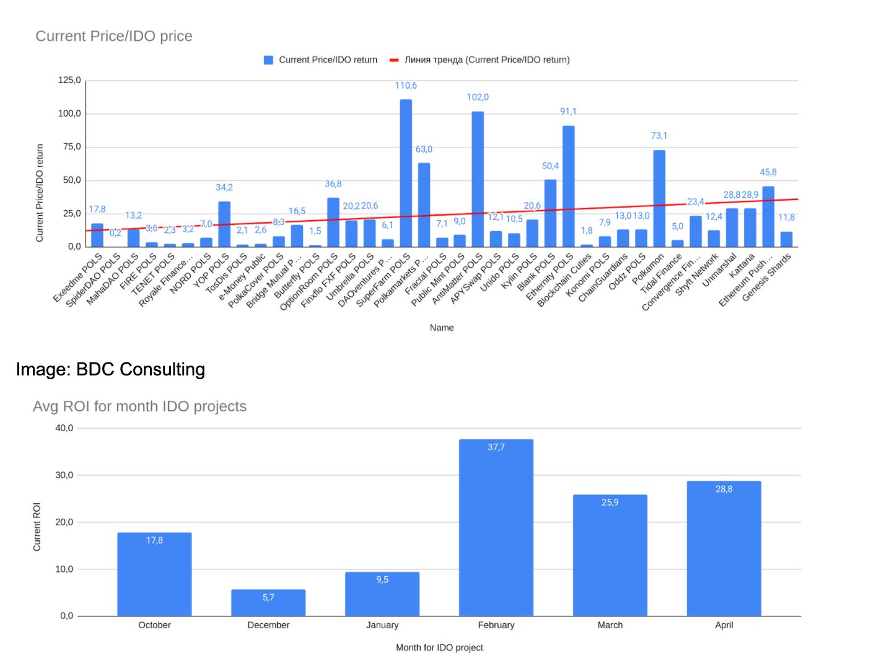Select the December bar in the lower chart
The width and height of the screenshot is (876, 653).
(x=268, y=603)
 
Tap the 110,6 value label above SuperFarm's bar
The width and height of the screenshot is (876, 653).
(x=406, y=85)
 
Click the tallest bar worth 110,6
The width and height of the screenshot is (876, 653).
(x=406, y=173)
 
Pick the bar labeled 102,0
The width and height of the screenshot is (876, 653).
(x=478, y=180)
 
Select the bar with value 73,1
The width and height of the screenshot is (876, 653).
(x=659, y=198)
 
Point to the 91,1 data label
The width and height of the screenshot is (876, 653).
(x=568, y=112)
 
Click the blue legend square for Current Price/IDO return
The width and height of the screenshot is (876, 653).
(x=268, y=60)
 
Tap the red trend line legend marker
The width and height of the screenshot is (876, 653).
(x=394, y=60)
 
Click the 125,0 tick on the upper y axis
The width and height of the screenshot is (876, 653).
(x=69, y=80)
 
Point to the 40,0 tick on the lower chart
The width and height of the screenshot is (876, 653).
(x=64, y=428)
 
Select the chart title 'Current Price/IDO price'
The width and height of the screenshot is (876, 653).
(x=114, y=36)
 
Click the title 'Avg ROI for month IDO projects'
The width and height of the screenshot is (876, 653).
(x=139, y=406)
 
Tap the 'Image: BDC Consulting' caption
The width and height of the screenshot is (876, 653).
(x=110, y=369)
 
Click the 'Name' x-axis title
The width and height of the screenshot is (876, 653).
(x=442, y=327)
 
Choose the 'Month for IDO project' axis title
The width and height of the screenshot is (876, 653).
(x=439, y=647)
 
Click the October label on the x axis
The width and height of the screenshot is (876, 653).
(x=154, y=625)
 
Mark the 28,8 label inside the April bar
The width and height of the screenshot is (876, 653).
(x=724, y=489)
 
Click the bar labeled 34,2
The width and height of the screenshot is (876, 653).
(x=224, y=224)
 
